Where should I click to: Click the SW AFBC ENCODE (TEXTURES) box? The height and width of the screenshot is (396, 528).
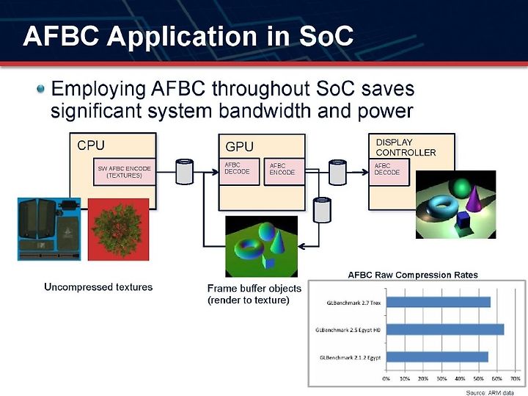pos(124,172)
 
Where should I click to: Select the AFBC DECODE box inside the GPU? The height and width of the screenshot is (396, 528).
pos(239,172)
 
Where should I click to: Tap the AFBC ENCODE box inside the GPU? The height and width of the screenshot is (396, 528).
pos(284,172)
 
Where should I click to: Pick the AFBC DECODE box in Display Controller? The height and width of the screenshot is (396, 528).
pos(389,172)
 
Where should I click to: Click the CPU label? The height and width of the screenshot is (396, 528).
pos(91,145)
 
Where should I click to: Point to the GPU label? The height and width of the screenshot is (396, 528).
pos(239,146)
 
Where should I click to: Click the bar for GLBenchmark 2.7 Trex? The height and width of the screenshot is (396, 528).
pos(439,302)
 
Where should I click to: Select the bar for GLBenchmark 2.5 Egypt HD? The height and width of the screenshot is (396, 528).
pos(445,330)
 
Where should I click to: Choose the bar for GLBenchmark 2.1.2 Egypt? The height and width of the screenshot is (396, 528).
pos(437,357)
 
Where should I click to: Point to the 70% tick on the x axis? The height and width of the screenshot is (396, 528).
pos(516,379)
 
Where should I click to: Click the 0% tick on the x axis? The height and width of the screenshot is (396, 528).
pos(386,379)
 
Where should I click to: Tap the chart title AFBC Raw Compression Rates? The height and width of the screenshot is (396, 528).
pos(413,275)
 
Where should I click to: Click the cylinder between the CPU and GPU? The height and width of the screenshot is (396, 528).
pos(185,172)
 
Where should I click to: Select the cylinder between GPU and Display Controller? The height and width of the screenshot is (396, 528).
pos(337,173)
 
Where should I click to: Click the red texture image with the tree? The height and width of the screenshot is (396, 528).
pos(118,229)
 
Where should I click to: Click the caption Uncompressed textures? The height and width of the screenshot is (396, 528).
pos(98,287)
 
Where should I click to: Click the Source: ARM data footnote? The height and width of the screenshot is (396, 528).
pos(490,392)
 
